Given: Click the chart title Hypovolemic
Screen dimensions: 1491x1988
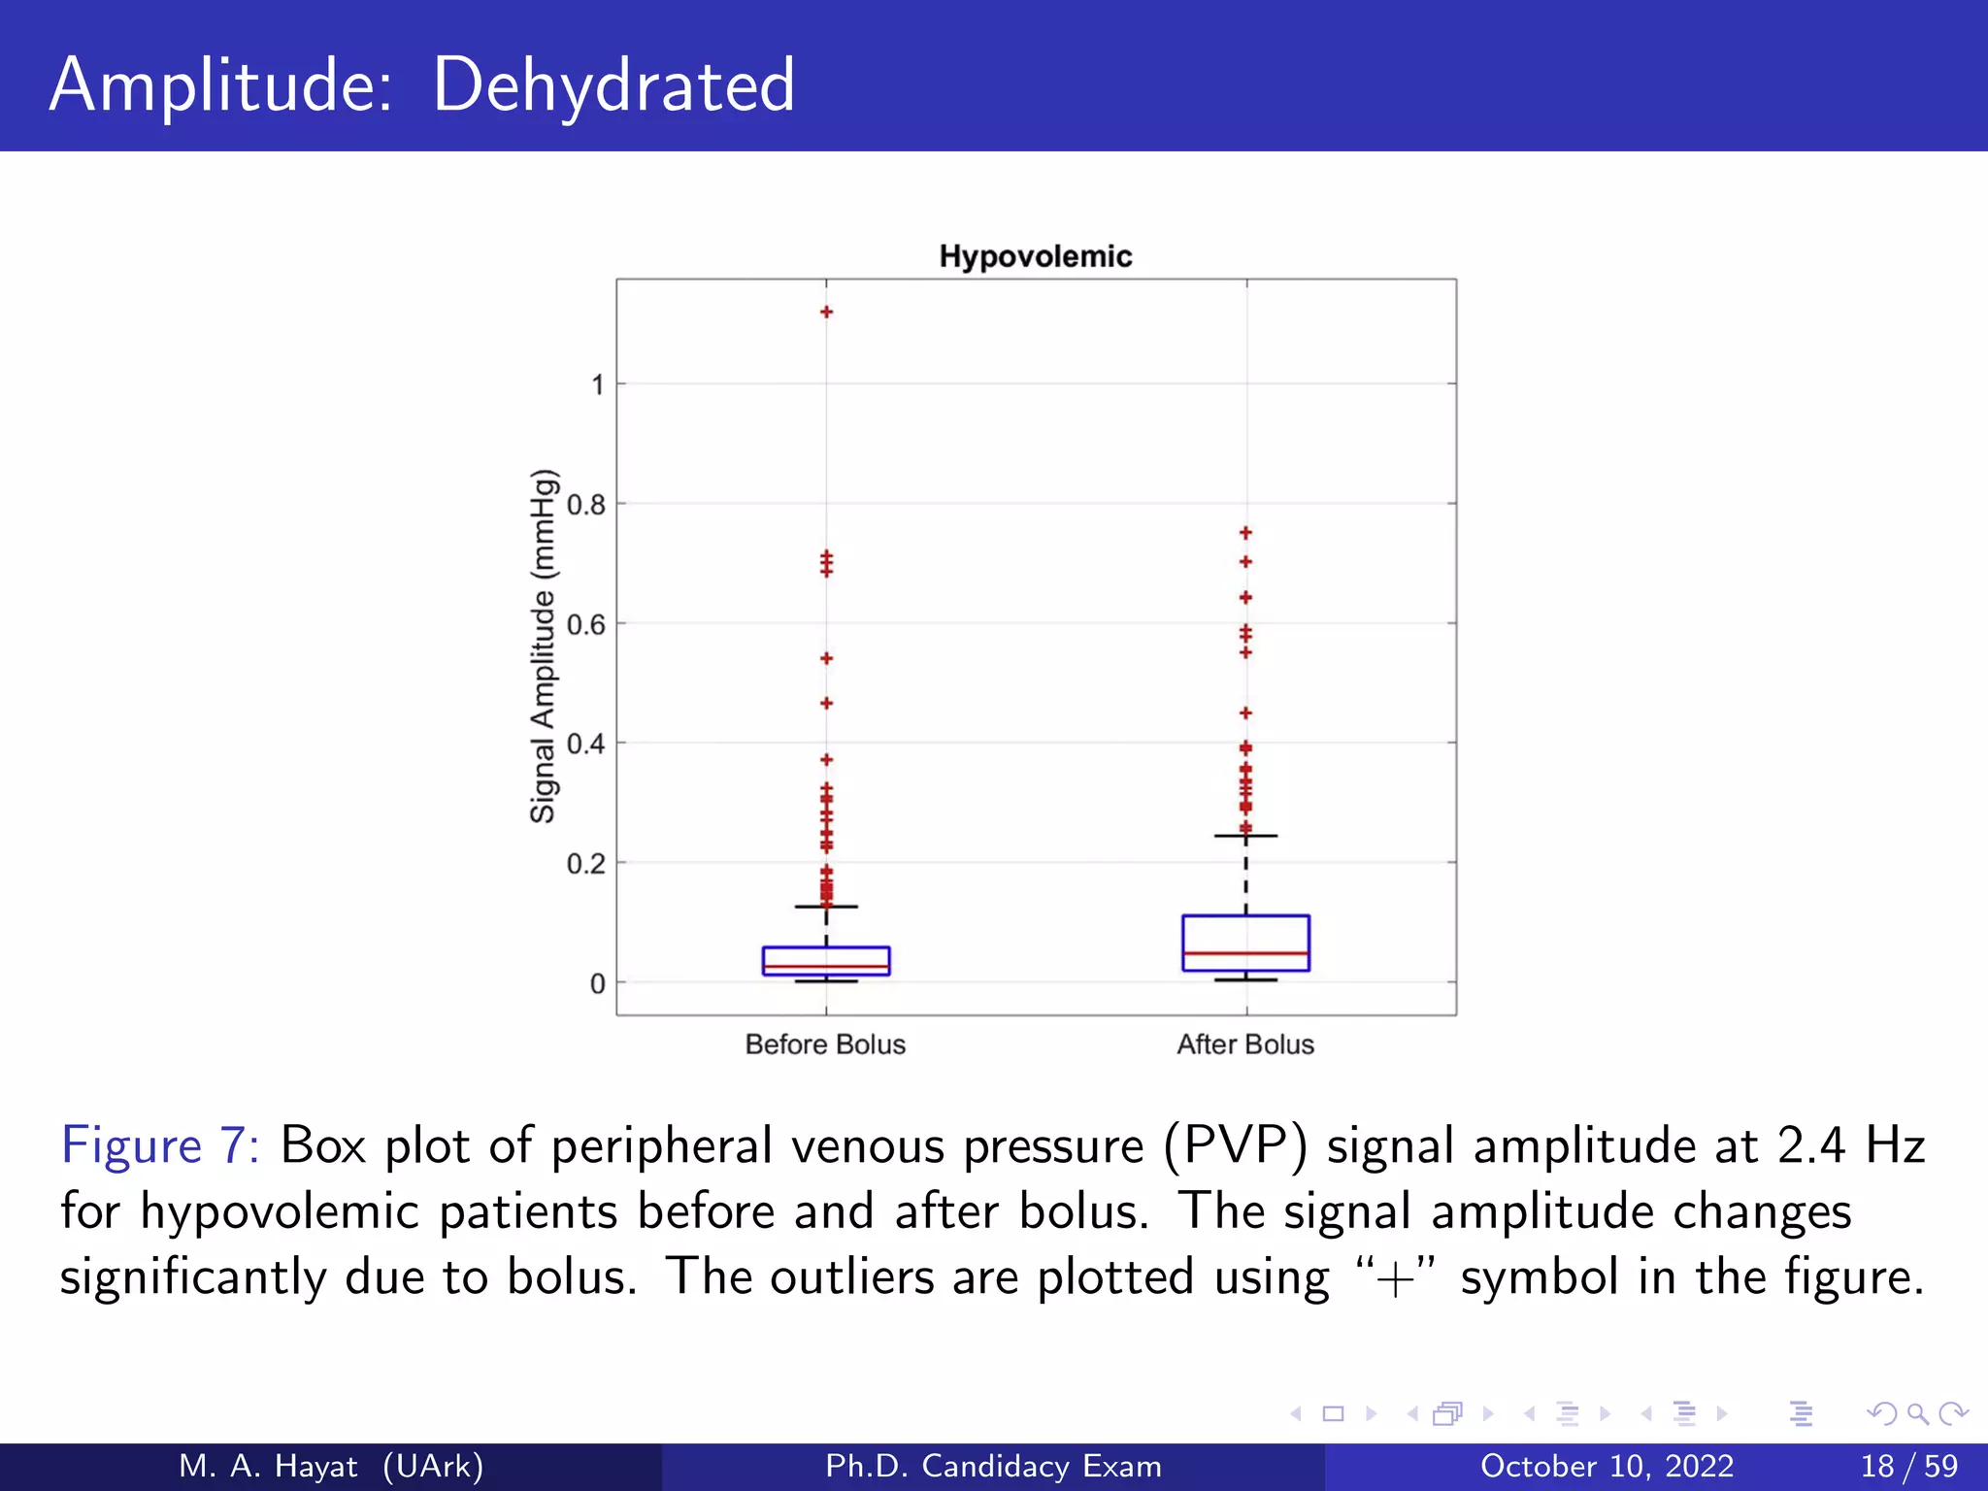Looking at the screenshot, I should (1035, 256).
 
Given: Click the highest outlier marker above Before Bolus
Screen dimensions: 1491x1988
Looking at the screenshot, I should (826, 312).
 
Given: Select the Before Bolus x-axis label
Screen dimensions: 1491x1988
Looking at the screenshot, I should (825, 1044).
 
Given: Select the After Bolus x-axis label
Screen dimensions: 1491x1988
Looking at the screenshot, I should (1245, 1044).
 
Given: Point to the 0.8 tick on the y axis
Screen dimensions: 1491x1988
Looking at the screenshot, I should (586, 505).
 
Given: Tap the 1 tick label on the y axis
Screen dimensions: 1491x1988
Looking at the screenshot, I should (598, 385).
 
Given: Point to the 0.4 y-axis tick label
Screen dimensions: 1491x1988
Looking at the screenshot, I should (586, 745).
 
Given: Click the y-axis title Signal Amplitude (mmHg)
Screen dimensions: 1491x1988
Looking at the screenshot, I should (544, 646).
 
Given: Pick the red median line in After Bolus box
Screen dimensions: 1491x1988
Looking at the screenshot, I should (1245, 953).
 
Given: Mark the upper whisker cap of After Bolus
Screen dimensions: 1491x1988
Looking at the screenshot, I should (1245, 836).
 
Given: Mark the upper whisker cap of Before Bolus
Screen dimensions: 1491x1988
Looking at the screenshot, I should (826, 907).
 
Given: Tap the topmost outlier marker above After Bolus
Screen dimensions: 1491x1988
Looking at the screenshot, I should (1245, 533).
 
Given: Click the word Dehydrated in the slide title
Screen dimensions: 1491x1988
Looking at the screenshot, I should (613, 85).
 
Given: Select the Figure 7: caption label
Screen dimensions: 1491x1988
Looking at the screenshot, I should (160, 1145).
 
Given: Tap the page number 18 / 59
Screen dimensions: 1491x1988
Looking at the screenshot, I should (1908, 1466).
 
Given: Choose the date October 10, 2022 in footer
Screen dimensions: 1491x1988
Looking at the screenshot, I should (1607, 1466).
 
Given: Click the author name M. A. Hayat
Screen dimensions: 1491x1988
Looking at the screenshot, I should (268, 1466).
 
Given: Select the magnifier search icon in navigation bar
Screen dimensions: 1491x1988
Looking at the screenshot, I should (1917, 1413).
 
